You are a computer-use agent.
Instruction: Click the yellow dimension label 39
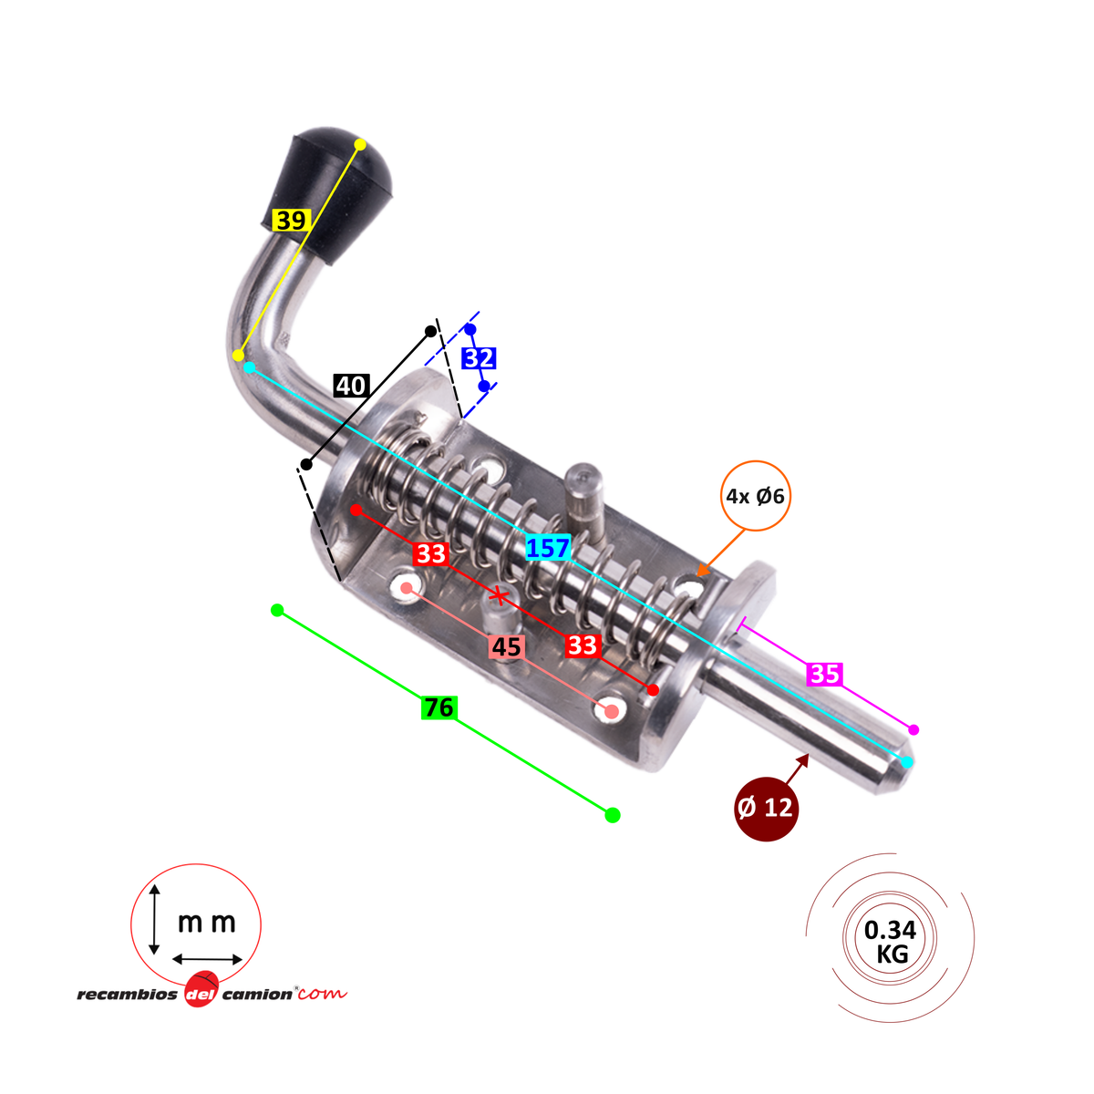pos(291,221)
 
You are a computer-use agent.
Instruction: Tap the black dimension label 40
pos(351,386)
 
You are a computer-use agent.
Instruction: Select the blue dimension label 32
pos(479,358)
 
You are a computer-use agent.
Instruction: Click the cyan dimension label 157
pos(548,549)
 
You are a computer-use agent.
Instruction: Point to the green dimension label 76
pos(439,707)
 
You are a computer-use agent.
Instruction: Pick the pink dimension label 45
pos(507,647)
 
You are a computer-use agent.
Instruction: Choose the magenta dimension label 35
pos(824,674)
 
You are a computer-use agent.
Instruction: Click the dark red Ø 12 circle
pos(767,808)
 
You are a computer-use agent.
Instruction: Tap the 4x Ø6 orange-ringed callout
pos(755,496)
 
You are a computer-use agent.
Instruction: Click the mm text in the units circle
pos(207,923)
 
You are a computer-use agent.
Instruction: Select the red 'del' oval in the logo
pos(201,991)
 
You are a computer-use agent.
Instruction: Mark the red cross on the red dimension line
pos(499,595)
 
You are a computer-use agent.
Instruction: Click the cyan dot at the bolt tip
pos(907,762)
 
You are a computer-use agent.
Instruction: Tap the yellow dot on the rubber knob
pos(360,144)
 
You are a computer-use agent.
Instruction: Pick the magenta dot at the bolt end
pos(913,730)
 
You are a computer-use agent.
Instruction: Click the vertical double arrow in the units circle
pos(154,920)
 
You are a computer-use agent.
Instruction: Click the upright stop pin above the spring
pos(585,500)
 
